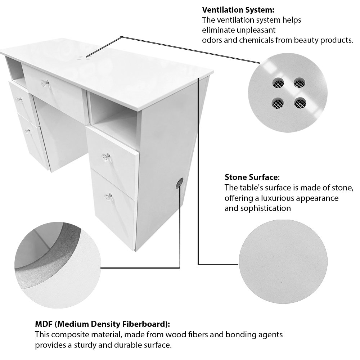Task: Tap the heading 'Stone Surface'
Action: click(251, 177)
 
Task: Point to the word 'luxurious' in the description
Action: click(278, 198)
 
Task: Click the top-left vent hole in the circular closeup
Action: click(278, 83)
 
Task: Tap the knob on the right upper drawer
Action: click(105, 157)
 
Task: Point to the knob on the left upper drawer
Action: click(19, 99)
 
